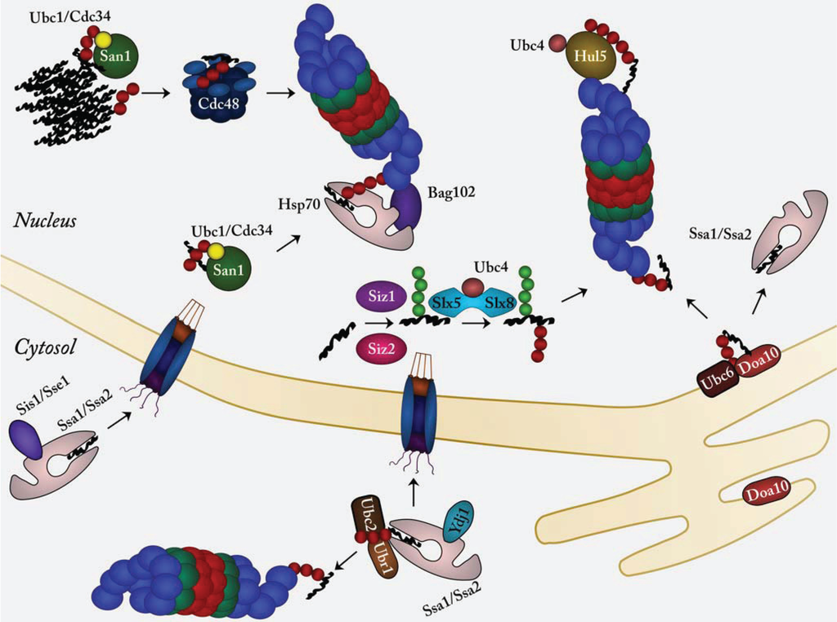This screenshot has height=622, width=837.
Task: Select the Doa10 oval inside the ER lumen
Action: coord(765,494)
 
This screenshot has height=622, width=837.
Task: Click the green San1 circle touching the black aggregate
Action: coord(117,56)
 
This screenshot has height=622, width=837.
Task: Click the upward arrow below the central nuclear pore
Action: coord(412,493)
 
